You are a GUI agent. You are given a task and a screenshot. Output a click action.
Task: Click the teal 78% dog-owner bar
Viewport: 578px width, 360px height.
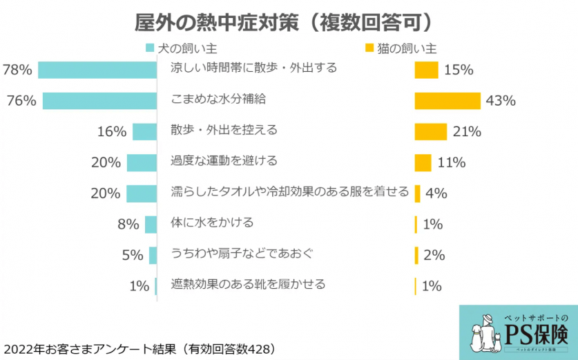coord(97,70)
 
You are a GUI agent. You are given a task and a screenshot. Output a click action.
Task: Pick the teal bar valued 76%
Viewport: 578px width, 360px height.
coord(99,101)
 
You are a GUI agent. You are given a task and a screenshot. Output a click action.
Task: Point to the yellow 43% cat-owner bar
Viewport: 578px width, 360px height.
coord(447,101)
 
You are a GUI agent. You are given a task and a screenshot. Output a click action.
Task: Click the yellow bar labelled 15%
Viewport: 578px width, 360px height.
coord(426,70)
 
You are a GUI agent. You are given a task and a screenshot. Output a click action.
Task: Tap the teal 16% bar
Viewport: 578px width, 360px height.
coord(144,131)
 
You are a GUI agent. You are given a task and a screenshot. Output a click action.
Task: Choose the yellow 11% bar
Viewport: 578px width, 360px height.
coord(423,162)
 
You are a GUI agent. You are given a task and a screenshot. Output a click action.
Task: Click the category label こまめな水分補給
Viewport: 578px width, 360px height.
coord(218,100)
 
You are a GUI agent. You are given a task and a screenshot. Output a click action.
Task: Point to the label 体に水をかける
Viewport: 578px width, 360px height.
coord(212,222)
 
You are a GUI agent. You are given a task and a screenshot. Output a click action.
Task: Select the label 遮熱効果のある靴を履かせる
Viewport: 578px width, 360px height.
coord(248,284)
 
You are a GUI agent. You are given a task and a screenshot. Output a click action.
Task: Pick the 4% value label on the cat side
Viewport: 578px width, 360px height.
coord(436,193)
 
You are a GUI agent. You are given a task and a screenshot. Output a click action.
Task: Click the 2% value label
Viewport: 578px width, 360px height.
coord(434,255)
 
